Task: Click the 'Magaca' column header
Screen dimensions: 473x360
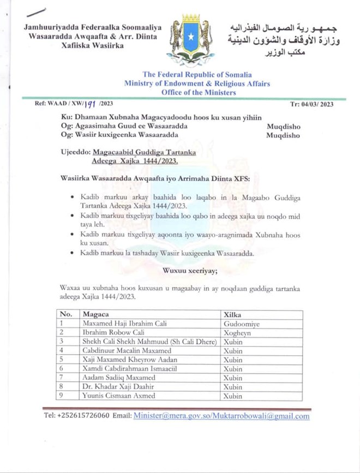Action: [95, 314]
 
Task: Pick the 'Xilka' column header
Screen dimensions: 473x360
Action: [233, 314]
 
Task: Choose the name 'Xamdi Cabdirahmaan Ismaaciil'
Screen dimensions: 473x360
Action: [129, 369]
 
